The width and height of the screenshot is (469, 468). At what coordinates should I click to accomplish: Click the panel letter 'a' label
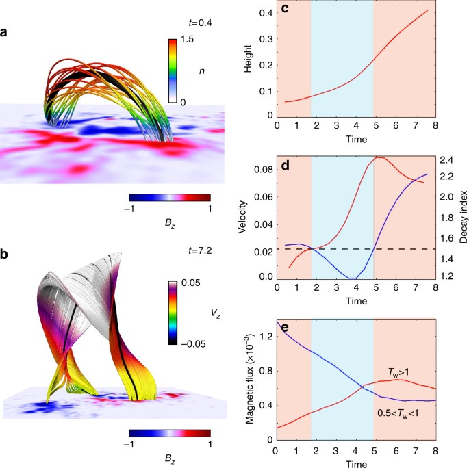point(5,32)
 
